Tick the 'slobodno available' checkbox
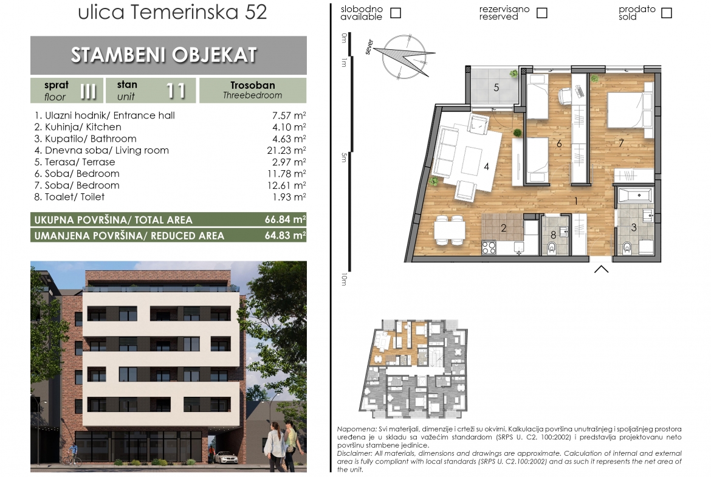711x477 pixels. pos(396,13)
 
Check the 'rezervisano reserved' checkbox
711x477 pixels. pos(542,13)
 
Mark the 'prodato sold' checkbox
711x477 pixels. pos(667,13)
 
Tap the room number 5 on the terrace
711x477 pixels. pos(496,87)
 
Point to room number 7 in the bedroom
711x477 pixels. pos(621,143)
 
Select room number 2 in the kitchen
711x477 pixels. pos(503,228)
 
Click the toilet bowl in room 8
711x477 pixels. pos(552,247)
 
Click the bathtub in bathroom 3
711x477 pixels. pos(635,196)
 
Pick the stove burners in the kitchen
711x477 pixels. pos(489,247)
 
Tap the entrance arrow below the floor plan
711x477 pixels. pos(601,269)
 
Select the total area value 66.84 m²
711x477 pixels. pos(285,219)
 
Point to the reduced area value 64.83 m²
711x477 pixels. pos(285,235)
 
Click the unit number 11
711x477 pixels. pos(176,91)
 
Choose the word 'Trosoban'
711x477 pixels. pos(253,85)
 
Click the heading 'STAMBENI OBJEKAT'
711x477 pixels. pos(164,55)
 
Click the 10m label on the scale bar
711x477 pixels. pos(344,279)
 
